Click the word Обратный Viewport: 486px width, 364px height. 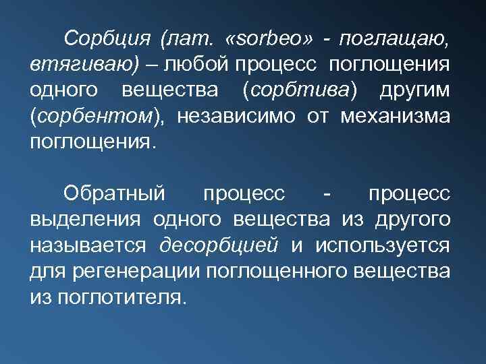click(114, 193)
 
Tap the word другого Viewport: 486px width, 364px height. click(408, 220)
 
